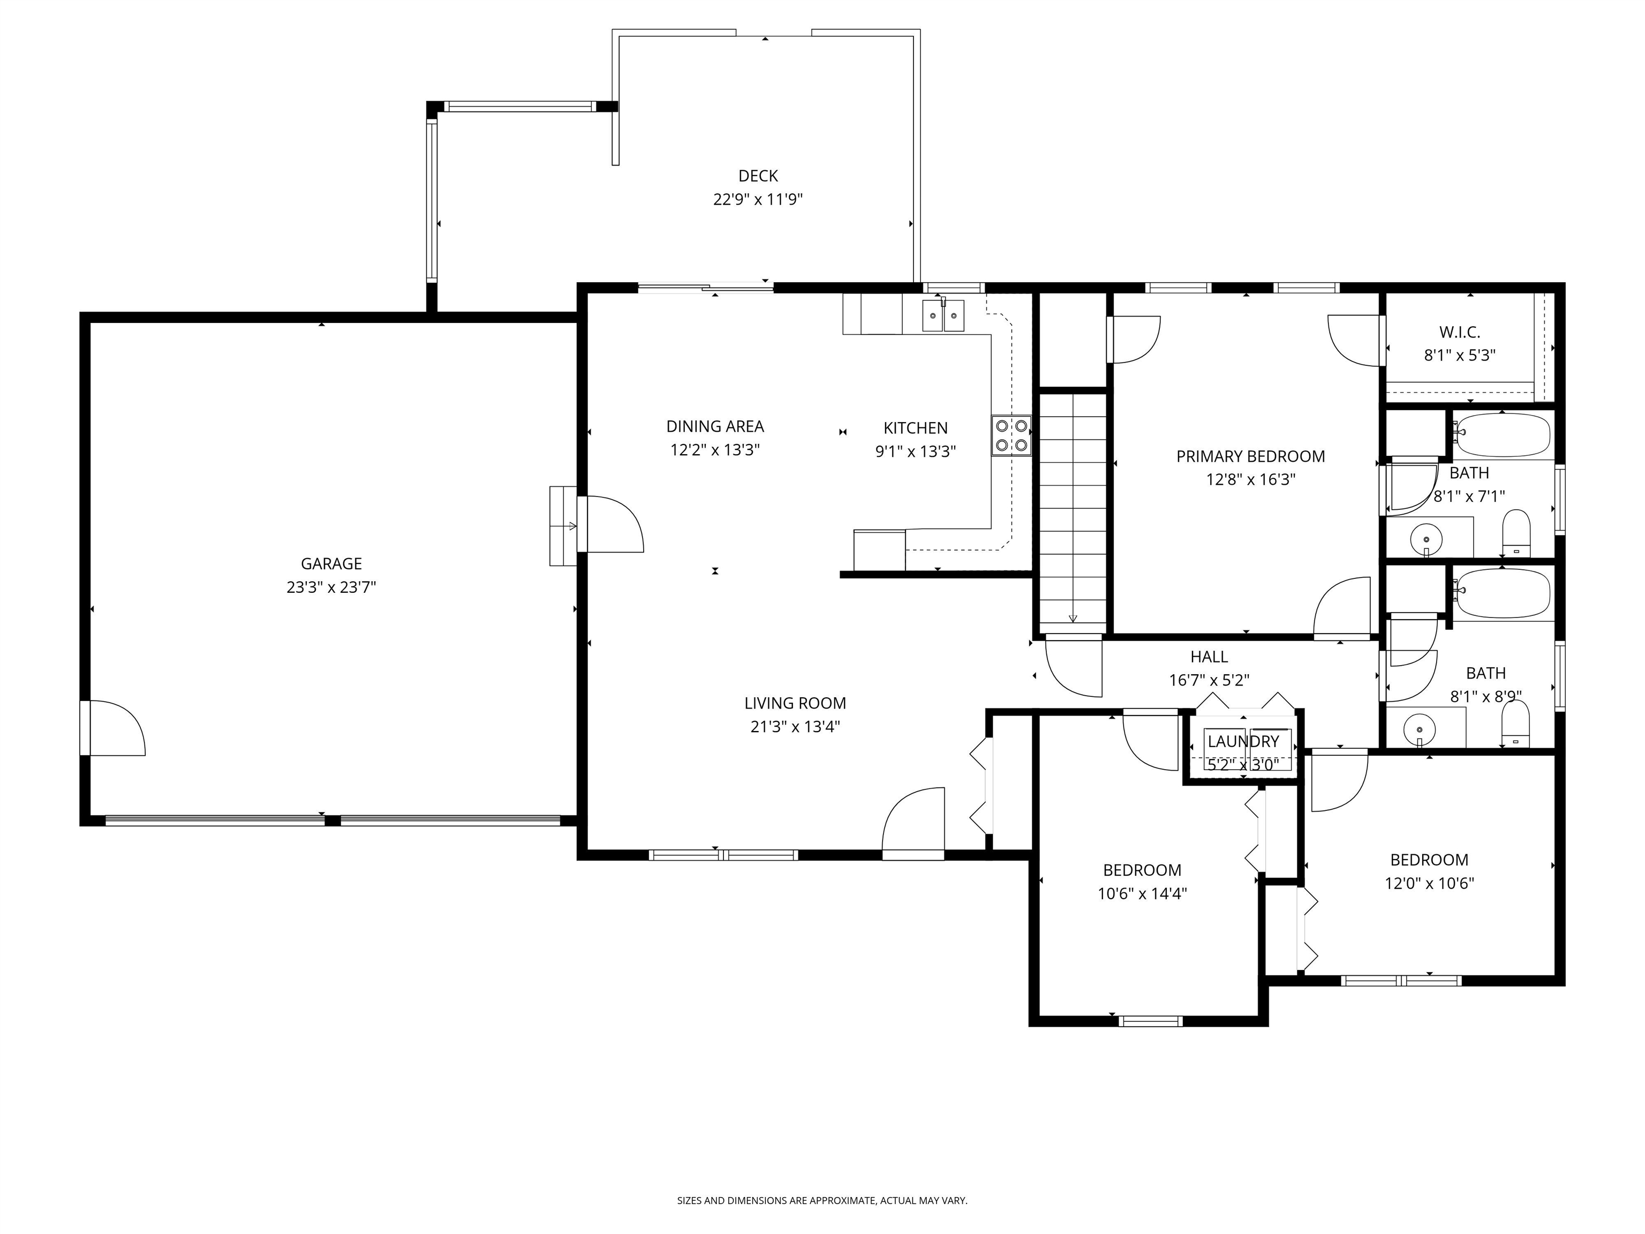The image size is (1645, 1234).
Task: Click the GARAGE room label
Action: [x=331, y=564]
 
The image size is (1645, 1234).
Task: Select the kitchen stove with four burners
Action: [x=1012, y=435]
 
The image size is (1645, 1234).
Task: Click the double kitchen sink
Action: [x=943, y=315]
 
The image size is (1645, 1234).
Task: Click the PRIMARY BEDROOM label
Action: [x=1250, y=456]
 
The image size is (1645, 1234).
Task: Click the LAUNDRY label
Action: [x=1243, y=742]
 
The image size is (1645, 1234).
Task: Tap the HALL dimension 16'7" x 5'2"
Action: [x=1209, y=680]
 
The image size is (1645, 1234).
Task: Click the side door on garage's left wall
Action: [x=111, y=728]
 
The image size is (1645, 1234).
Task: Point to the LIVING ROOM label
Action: [x=795, y=703]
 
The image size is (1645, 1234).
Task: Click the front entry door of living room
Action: [x=913, y=826]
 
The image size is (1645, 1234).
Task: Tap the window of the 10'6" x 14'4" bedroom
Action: [x=1150, y=1021]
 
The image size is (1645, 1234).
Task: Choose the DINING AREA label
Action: [x=715, y=426]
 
